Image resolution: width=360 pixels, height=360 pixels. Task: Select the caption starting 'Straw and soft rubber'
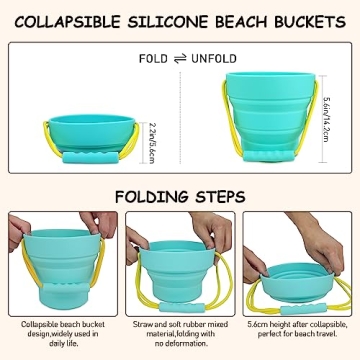(x=180, y=334)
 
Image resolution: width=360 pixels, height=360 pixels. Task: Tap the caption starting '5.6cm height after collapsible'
(x=300, y=334)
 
